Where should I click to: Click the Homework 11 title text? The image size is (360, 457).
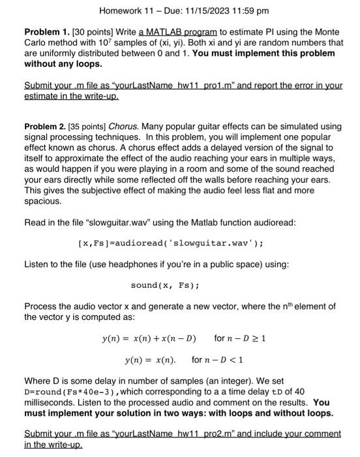[125, 11]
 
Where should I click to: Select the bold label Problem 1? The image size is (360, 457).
[47, 32]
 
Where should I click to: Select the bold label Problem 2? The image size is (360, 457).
[47, 126]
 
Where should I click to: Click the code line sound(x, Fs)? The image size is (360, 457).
[165, 285]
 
